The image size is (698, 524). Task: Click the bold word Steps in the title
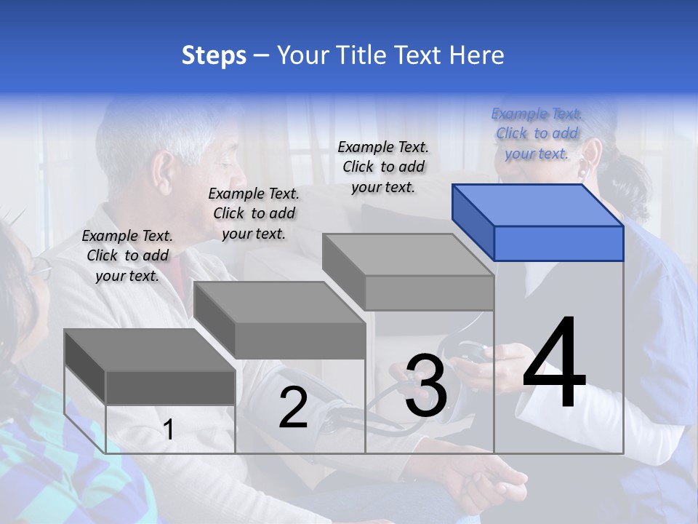[x=214, y=55]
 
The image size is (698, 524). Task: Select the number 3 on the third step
[x=426, y=387]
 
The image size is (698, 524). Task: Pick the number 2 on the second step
[x=294, y=408]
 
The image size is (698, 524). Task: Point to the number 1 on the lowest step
[x=169, y=430]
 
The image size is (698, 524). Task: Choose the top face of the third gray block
[x=408, y=255]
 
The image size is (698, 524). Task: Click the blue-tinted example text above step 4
[x=537, y=133]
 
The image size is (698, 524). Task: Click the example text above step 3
[x=383, y=167]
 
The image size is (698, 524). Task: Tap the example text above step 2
[x=254, y=213]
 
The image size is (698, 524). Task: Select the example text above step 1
[x=127, y=255]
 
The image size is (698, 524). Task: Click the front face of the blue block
[x=558, y=243]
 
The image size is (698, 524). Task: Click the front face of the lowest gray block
[x=170, y=387]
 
